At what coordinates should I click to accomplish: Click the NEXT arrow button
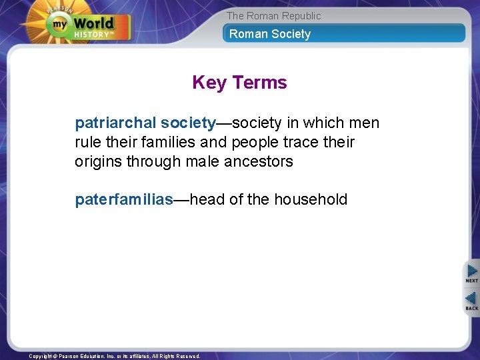tap(472, 273)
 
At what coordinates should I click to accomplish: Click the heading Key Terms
tap(239, 83)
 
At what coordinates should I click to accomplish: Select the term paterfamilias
tap(123, 199)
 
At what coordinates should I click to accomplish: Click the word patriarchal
tap(116, 123)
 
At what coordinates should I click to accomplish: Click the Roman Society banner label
tap(270, 34)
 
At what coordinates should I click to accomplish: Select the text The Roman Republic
tap(273, 16)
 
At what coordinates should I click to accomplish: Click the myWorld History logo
tap(88, 25)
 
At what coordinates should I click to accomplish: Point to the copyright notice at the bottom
tap(114, 356)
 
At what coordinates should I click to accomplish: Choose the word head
tap(207, 199)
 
